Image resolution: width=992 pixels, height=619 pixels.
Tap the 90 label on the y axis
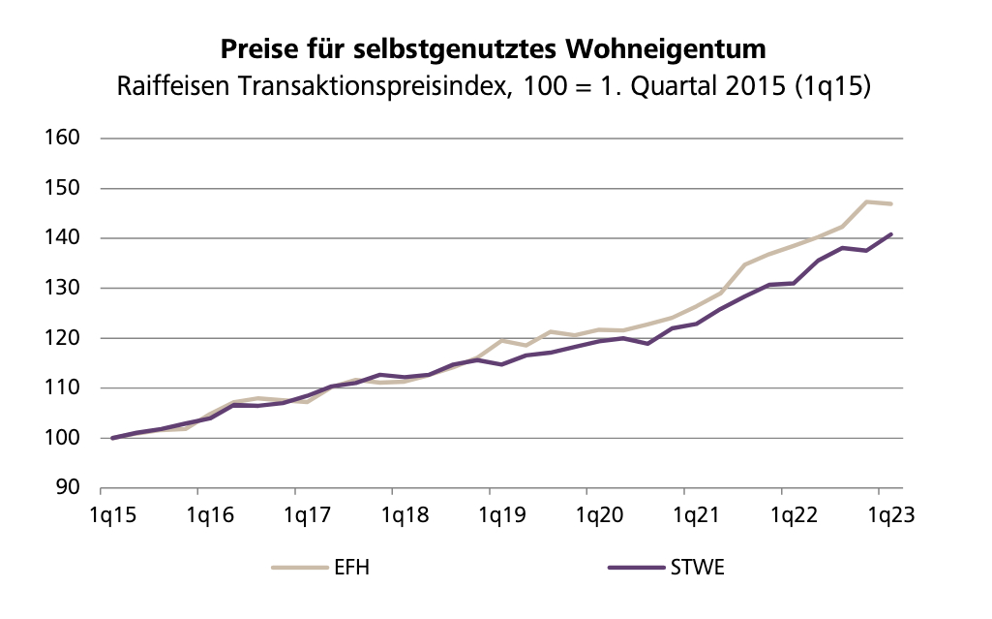(67, 487)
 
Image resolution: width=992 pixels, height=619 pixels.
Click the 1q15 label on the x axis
(112, 514)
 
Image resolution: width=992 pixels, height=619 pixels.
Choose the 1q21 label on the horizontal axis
(697, 514)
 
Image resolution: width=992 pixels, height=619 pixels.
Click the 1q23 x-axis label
(891, 514)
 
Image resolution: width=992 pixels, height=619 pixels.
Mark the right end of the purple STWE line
(890, 234)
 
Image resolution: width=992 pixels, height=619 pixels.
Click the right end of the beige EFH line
(890, 204)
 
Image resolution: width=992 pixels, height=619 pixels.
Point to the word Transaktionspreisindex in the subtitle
(371, 86)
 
